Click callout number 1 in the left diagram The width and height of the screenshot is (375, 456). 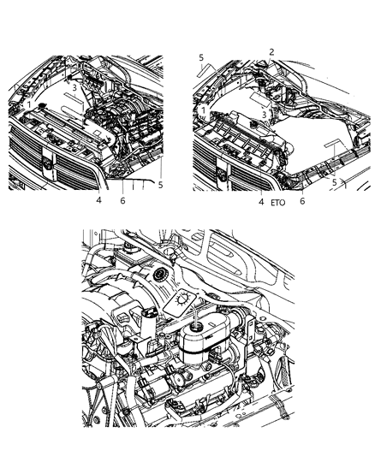28,104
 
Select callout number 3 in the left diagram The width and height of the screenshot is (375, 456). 74,87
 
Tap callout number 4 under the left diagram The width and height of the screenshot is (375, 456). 99,200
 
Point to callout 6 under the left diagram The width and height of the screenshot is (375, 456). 122,200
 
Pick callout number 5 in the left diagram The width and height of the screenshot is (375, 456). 160,185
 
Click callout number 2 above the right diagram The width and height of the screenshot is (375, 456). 271,52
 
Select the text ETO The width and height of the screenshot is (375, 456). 278,203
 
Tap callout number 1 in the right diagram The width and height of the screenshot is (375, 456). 204,110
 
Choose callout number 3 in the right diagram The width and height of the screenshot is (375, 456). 264,115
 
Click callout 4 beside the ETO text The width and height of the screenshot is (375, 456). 261,202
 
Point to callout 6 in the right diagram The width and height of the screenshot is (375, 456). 302,201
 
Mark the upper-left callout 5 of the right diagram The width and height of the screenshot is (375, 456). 201,57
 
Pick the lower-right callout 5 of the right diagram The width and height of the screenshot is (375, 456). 334,182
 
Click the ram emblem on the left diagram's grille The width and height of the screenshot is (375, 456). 47,165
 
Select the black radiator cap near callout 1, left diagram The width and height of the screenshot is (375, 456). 43,105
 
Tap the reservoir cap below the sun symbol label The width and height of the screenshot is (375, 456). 195,327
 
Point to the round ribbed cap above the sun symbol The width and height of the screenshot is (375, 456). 160,275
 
